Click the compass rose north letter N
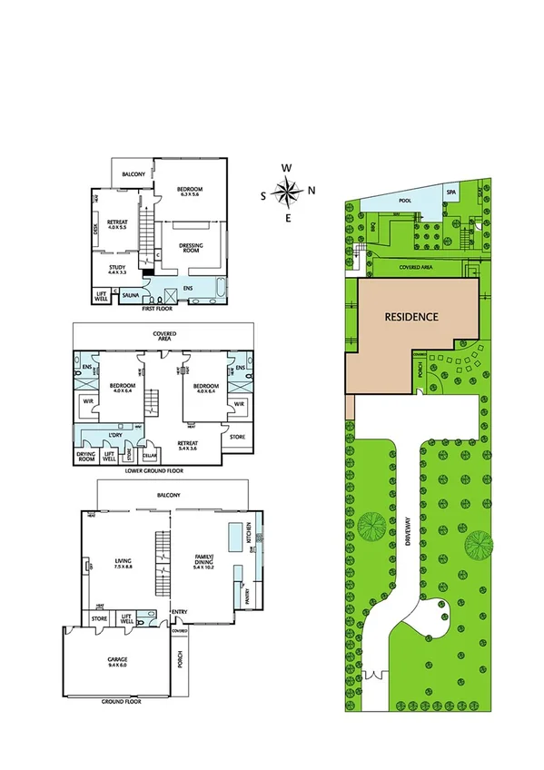[x=311, y=191]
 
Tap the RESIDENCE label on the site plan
[x=411, y=318]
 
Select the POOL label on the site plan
[x=403, y=201]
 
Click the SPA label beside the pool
[x=450, y=192]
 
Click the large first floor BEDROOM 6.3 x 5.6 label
[x=189, y=191]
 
